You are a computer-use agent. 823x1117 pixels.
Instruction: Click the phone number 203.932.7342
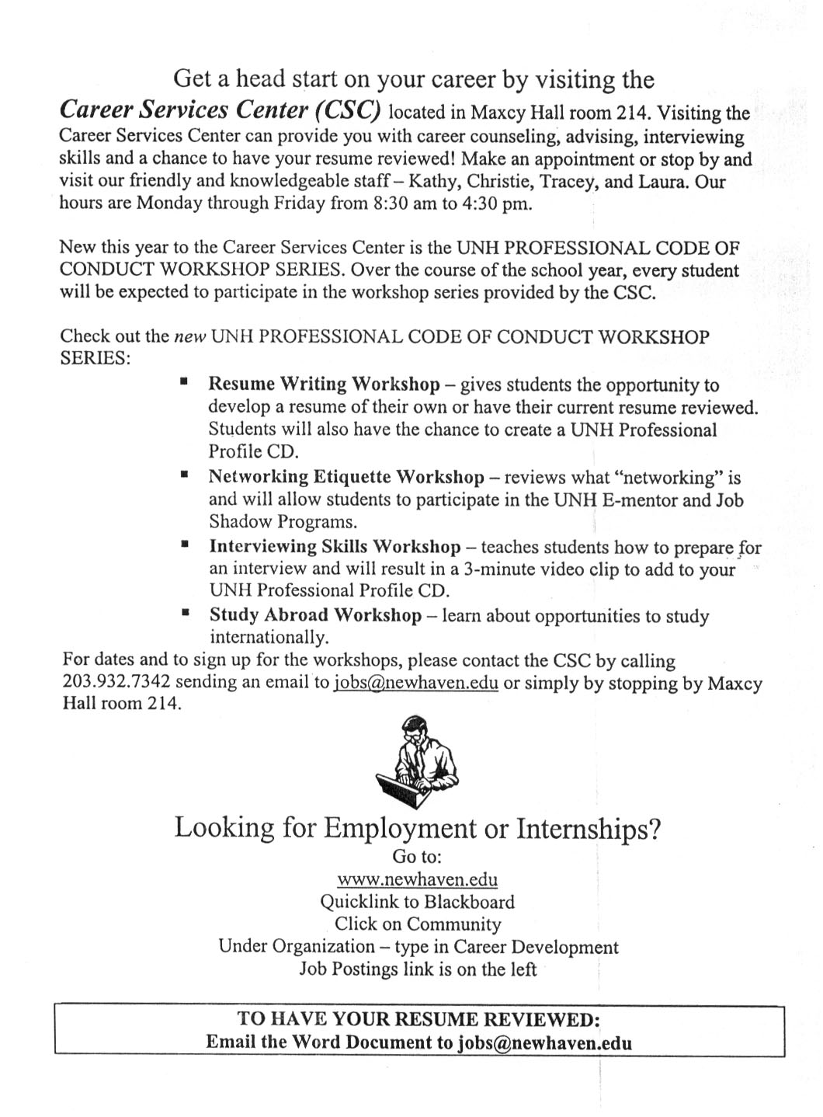click(116, 683)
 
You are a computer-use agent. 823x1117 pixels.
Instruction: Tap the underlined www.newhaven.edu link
click(417, 879)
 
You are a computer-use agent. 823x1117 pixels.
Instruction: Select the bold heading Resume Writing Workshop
click(324, 385)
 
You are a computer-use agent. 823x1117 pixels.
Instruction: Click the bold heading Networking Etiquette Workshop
click(346, 477)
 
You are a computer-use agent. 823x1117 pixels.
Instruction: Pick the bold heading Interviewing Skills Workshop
click(335, 547)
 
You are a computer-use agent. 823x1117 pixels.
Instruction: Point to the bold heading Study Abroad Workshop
click(315, 615)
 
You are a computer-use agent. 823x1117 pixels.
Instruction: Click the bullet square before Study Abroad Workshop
click(185, 612)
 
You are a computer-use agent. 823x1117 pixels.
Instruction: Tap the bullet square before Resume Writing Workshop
click(184, 381)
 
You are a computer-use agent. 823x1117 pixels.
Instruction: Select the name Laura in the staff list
click(672, 183)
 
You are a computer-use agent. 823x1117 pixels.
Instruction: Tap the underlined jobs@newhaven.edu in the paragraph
click(415, 684)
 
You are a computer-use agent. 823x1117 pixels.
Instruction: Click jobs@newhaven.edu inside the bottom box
click(544, 1042)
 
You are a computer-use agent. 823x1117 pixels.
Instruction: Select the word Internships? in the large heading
click(589, 828)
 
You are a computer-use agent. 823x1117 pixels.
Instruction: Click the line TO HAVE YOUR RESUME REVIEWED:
click(419, 1019)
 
